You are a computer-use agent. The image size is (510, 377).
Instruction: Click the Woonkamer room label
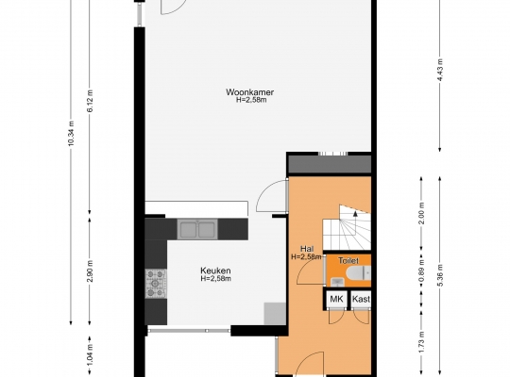coord(249,92)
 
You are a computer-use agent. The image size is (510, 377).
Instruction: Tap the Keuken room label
coord(215,270)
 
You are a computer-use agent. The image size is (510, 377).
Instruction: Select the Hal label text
coord(307,249)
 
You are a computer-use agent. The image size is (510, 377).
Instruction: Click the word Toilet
coord(348,260)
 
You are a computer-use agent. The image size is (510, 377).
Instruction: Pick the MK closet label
coord(336,299)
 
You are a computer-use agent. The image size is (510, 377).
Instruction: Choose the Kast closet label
coord(361,299)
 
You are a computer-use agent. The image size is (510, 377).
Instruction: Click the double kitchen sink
coord(197,229)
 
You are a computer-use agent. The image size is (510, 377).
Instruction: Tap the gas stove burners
coord(156,284)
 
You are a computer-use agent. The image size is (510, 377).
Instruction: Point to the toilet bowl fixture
coord(359,273)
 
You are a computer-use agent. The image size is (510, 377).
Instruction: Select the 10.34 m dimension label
coord(72,133)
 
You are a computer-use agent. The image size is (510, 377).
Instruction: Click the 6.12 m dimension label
coord(90,101)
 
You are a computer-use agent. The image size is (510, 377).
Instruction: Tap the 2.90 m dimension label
coord(90,271)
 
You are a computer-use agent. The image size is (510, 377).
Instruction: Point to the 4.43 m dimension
coord(440,70)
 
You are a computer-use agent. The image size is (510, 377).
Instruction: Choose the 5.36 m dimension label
coord(440,275)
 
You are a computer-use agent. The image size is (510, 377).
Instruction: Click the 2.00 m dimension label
coord(421,213)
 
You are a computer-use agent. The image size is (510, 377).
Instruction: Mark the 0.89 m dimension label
coord(421,271)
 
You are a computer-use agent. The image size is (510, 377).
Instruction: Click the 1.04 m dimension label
coord(90,354)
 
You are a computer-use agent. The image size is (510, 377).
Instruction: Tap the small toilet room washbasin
coord(337,282)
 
